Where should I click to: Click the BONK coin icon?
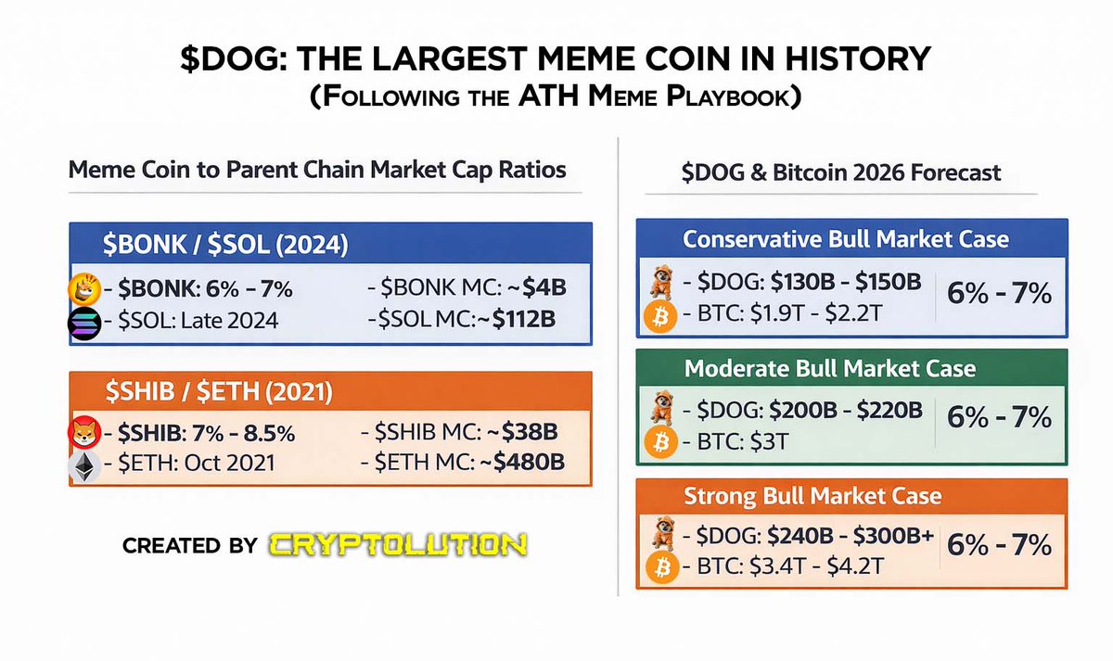pyautogui.click(x=84, y=289)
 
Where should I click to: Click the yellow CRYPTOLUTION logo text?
pyautogui.click(x=400, y=544)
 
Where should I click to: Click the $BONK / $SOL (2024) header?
pyautogui.click(x=225, y=246)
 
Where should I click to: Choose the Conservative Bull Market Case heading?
pyautogui.click(x=845, y=239)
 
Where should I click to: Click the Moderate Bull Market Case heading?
pyautogui.click(x=830, y=368)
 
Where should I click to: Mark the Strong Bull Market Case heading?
pyautogui.click(x=812, y=496)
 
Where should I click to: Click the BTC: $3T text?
pyautogui.click(x=736, y=442)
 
